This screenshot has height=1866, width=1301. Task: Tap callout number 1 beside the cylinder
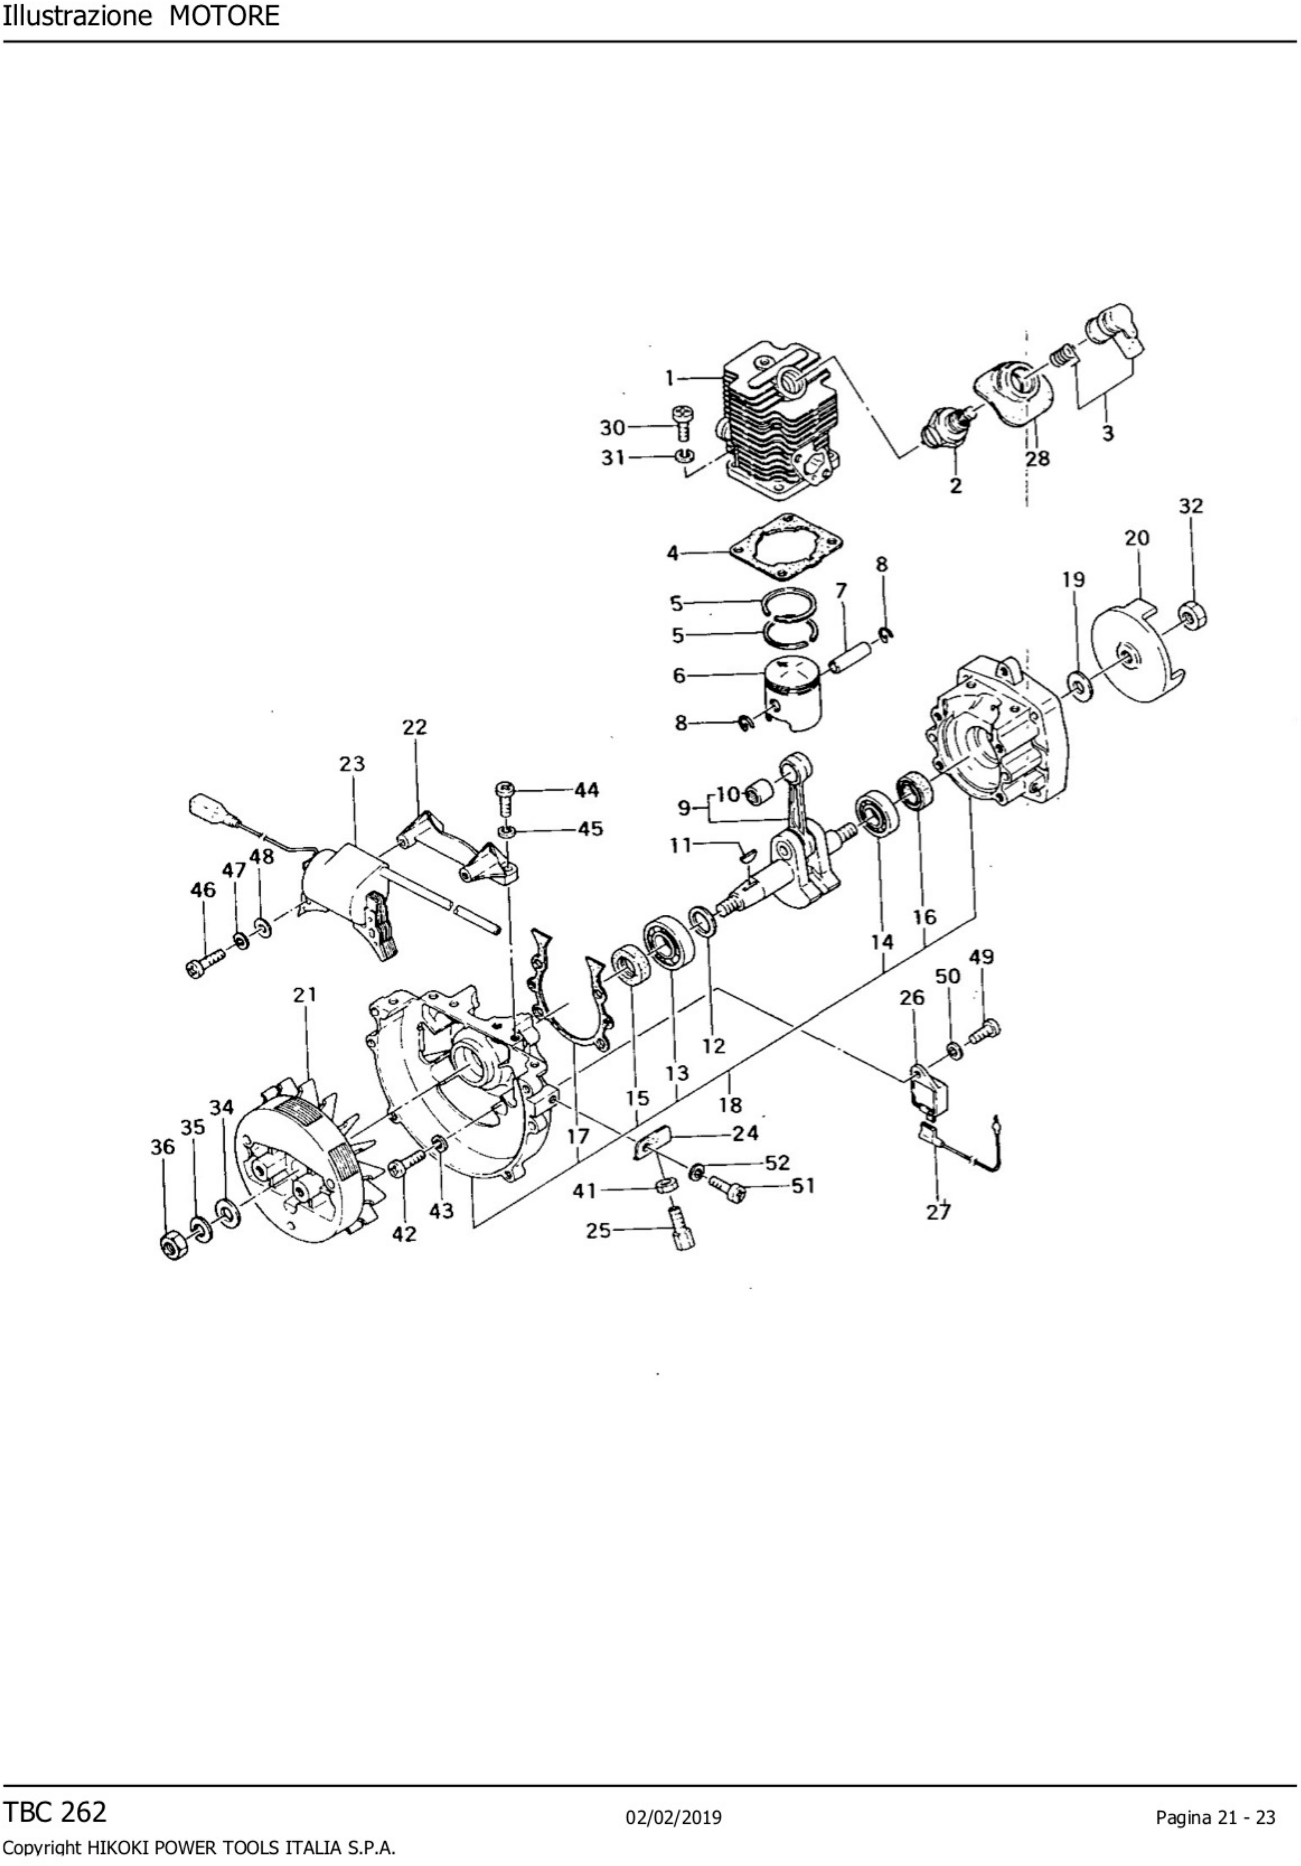coord(670,378)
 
